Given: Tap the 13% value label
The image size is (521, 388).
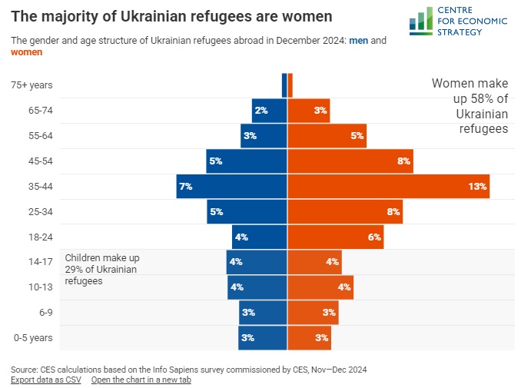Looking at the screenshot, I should [x=478, y=187].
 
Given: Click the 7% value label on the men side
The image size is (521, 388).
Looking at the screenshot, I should [x=184, y=187].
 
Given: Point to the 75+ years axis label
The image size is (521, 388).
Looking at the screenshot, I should [x=32, y=85].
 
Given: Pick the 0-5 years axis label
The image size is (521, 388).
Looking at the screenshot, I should [x=33, y=338].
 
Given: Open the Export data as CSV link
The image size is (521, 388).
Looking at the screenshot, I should [x=46, y=380].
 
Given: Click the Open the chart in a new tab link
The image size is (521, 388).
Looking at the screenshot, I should [x=141, y=380].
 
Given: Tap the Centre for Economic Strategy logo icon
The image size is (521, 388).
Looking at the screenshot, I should [x=420, y=20].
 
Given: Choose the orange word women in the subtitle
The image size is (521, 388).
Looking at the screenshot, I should [x=27, y=52].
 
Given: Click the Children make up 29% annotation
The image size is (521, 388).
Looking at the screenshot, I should [x=101, y=270].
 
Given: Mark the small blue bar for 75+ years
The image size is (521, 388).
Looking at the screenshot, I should [x=284, y=85].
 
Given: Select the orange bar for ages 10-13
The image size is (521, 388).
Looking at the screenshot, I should [x=320, y=287].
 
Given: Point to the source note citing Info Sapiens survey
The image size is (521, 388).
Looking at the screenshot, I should [x=188, y=370].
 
